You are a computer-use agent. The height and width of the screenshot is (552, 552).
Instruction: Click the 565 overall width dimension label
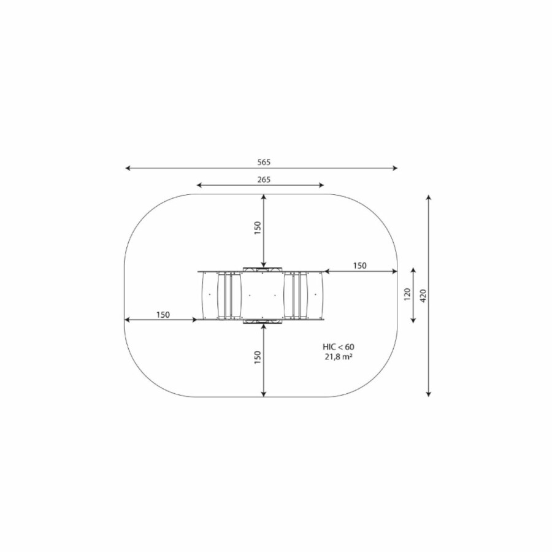click(264, 162)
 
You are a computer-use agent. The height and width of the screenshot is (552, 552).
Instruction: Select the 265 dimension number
click(264, 180)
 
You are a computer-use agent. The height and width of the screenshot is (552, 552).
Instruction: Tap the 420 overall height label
click(423, 296)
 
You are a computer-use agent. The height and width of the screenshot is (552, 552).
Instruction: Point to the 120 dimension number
click(407, 294)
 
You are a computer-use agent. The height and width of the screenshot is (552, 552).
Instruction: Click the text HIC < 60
click(339, 347)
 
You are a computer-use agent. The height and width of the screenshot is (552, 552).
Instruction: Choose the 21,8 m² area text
click(339, 356)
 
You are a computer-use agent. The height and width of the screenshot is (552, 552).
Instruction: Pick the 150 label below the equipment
click(258, 358)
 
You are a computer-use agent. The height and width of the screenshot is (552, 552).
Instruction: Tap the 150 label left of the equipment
click(163, 315)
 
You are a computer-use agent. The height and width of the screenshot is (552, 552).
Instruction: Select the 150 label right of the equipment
click(360, 266)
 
